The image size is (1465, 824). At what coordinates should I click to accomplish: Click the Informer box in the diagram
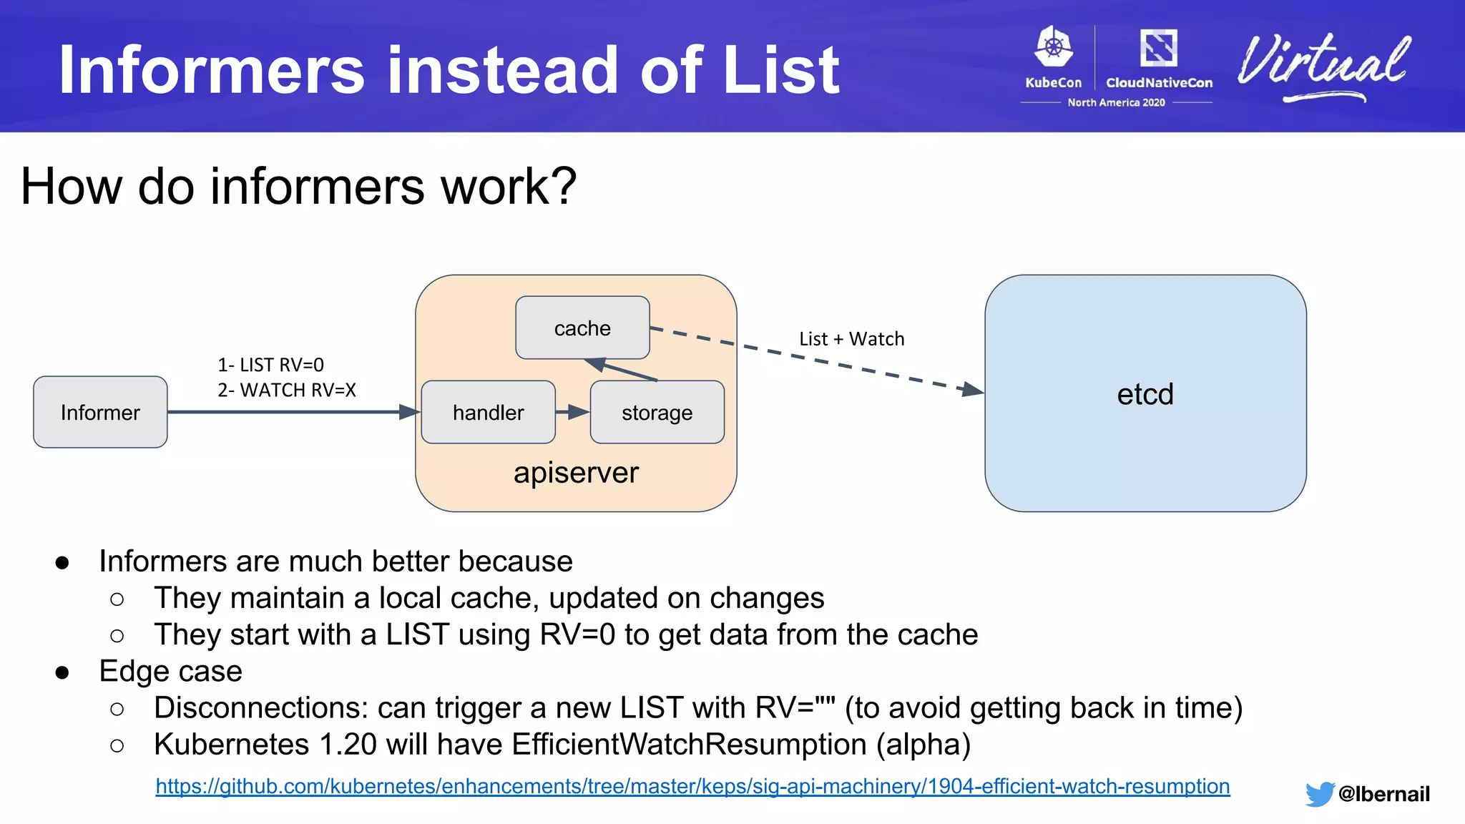click(100, 412)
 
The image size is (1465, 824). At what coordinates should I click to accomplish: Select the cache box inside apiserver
click(582, 328)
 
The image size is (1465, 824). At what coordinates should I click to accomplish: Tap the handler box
click(488, 413)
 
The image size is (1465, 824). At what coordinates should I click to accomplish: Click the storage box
click(657, 413)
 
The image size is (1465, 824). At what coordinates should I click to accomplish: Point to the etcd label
click(1145, 394)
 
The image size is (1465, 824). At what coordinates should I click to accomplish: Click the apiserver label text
click(576, 473)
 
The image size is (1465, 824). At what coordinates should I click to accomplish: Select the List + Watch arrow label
click(851, 339)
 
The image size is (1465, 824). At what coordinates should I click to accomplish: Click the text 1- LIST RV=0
click(270, 366)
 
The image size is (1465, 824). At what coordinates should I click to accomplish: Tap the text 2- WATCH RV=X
click(286, 391)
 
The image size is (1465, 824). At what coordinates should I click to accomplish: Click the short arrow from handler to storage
click(572, 412)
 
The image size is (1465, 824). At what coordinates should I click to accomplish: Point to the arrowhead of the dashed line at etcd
click(974, 390)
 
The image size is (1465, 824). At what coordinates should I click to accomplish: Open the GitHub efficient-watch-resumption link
click(692, 787)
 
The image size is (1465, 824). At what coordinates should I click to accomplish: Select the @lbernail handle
click(1383, 794)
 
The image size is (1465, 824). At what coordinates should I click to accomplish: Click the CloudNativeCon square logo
click(1158, 48)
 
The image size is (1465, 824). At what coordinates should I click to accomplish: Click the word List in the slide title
click(781, 70)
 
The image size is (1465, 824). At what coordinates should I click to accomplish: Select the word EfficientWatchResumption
click(689, 745)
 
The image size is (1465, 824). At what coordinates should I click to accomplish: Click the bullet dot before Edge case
click(62, 672)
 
